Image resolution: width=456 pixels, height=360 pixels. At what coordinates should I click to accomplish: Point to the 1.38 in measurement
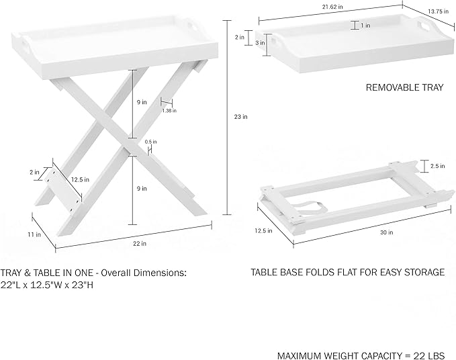click(x=169, y=111)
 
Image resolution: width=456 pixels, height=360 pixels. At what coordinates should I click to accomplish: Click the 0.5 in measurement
click(x=150, y=142)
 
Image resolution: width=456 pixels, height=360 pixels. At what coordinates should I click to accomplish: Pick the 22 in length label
click(x=140, y=243)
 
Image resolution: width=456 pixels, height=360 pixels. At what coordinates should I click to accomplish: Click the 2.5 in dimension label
click(x=437, y=165)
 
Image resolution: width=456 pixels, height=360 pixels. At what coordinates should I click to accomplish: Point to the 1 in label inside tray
click(x=365, y=26)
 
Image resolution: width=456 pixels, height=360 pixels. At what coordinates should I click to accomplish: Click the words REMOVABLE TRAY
click(x=404, y=87)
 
